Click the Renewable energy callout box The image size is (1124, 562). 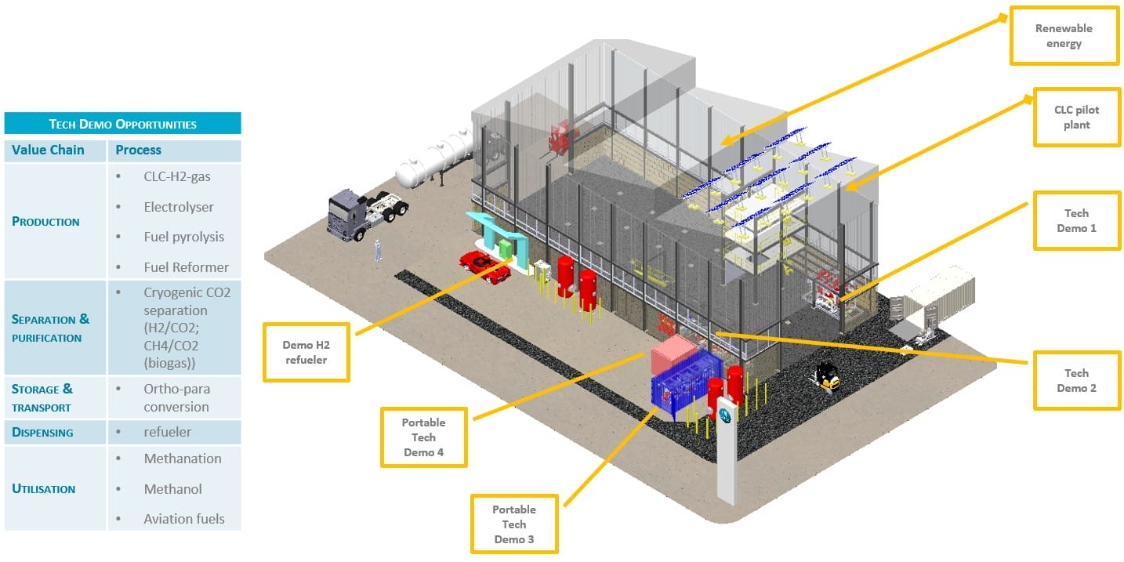(x=1064, y=36)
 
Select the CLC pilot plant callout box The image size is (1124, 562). (x=1077, y=117)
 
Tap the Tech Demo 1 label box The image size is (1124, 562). (x=1076, y=220)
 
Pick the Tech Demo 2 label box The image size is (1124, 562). (x=1076, y=380)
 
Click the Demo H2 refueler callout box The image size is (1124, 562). (x=306, y=352)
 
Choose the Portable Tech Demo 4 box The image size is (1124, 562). (x=423, y=437)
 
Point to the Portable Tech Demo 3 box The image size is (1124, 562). (x=514, y=524)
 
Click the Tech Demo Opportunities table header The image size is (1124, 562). (x=122, y=124)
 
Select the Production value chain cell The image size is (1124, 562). (x=46, y=221)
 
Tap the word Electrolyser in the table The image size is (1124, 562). (x=179, y=207)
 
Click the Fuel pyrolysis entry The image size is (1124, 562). (x=183, y=237)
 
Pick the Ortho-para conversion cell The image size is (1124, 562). (x=176, y=397)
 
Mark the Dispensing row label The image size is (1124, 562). (x=42, y=432)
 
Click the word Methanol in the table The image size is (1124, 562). (x=172, y=488)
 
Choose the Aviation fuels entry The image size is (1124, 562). (x=183, y=518)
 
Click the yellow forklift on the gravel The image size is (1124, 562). (x=827, y=378)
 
